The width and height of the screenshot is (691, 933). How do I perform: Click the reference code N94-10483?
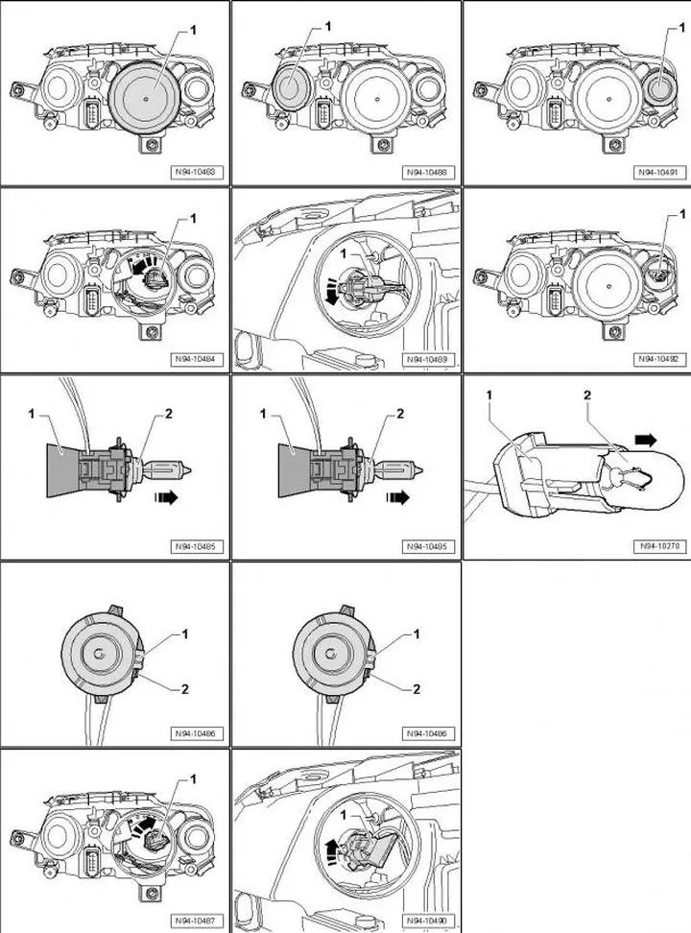195,173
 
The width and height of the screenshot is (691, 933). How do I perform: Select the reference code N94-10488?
428,173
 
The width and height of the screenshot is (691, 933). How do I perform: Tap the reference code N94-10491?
657,173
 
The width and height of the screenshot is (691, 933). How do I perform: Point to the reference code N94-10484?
195,359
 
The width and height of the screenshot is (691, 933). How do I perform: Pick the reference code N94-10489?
428,359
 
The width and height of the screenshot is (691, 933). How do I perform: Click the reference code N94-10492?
657,359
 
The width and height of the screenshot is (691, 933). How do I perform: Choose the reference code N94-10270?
657,547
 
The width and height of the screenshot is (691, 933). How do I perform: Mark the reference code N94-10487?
195,920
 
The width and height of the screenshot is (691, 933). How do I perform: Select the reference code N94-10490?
428,920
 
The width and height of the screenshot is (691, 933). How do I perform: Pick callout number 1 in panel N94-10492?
682,213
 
